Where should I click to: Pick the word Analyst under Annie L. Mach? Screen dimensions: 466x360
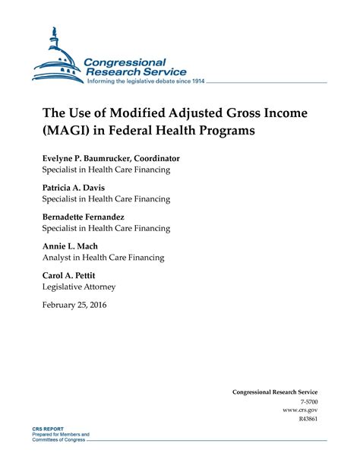click(58, 258)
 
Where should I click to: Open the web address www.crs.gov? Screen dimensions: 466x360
click(300, 409)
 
